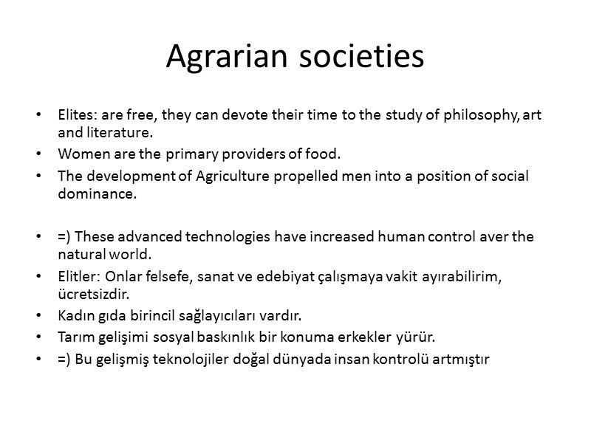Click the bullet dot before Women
point(38,155)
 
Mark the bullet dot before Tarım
point(38,338)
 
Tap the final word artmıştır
point(462,360)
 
